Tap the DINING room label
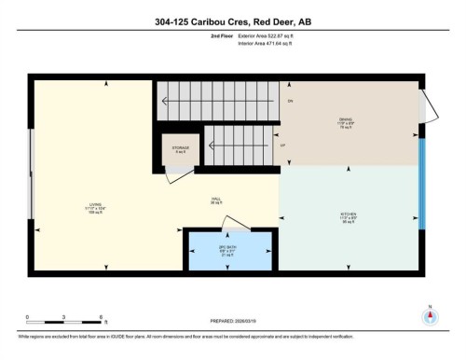tap(345, 120)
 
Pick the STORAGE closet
tap(180, 148)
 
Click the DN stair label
tap(290, 100)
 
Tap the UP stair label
tap(282, 145)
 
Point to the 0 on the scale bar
tap(27, 317)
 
